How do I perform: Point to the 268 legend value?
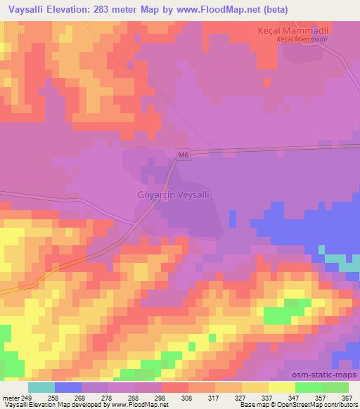pyautogui.click(x=80, y=398)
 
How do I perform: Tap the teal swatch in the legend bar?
pyautogui.click(x=41, y=387)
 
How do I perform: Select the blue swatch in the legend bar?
pyautogui.click(x=68, y=387)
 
